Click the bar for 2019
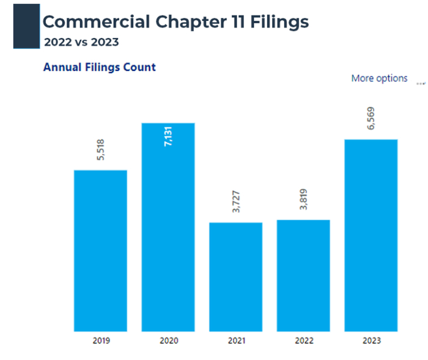[100, 251]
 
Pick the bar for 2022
[303, 275]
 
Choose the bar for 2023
[371, 235]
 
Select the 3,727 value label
[237, 202]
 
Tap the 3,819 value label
[304, 199]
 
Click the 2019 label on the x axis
[100, 340]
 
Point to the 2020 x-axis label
[168, 340]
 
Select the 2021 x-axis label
[235, 340]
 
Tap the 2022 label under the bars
[303, 340]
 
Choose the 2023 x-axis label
[371, 340]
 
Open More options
[379, 78]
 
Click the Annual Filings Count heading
[99, 67]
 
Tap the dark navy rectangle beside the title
[26, 26]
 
